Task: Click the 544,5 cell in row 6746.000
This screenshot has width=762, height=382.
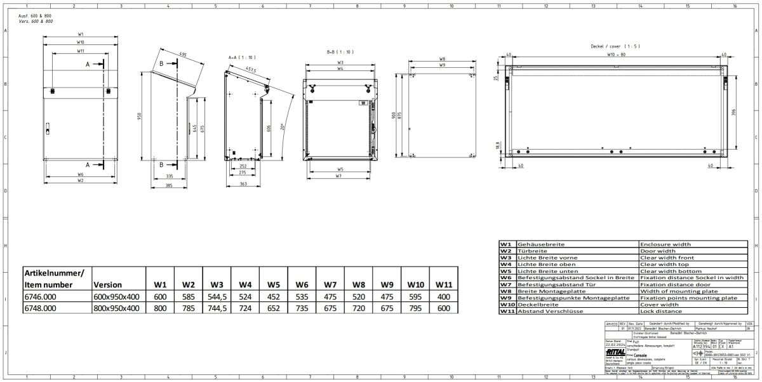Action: click(x=218, y=296)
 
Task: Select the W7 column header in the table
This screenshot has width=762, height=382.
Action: click(x=330, y=285)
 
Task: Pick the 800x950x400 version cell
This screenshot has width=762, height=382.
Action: click(x=116, y=308)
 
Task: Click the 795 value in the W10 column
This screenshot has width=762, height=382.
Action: click(x=416, y=308)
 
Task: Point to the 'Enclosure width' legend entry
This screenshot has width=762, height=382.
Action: click(x=665, y=244)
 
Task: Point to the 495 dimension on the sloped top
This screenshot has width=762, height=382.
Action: click(x=183, y=55)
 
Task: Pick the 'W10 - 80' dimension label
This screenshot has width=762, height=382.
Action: click(x=616, y=55)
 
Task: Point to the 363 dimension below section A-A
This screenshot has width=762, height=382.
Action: click(x=244, y=184)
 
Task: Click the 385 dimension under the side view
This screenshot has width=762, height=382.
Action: click(x=169, y=185)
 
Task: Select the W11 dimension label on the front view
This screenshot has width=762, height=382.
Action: click(x=81, y=50)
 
